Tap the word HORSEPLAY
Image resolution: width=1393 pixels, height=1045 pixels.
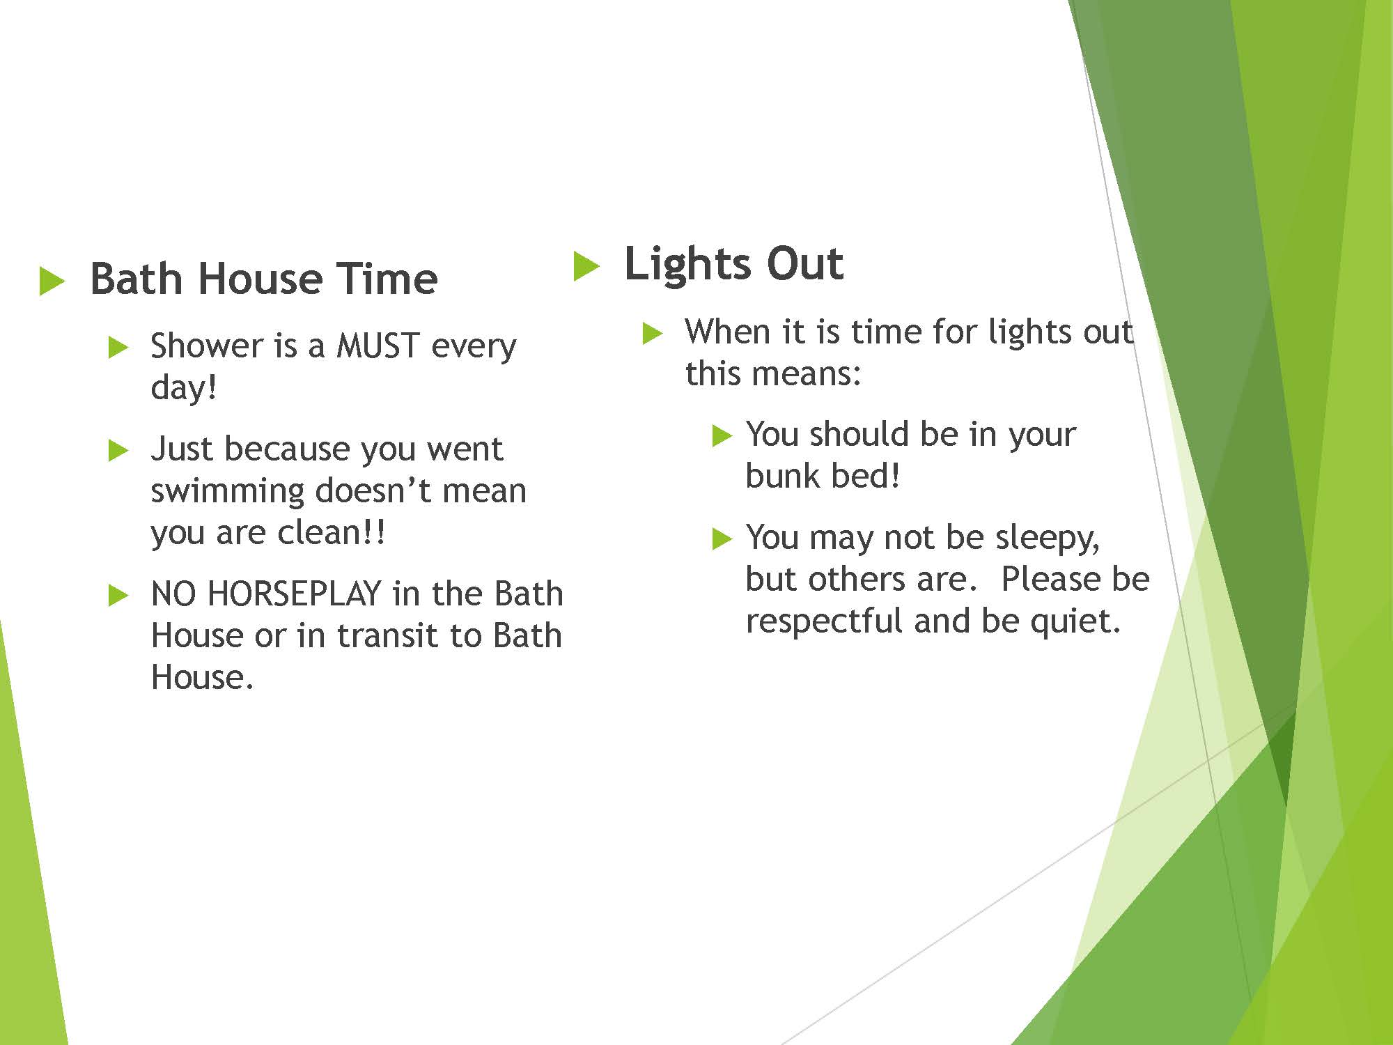coord(295,594)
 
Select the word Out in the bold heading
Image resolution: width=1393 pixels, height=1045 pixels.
coord(804,264)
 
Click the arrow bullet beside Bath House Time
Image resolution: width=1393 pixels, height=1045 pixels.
coord(52,281)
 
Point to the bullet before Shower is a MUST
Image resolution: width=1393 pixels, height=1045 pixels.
coord(119,347)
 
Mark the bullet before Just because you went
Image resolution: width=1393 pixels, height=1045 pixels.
coord(119,451)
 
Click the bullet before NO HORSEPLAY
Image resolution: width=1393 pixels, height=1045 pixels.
coord(119,596)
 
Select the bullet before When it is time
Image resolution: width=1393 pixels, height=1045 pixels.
coord(653,333)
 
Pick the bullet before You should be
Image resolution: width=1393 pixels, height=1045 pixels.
coord(723,436)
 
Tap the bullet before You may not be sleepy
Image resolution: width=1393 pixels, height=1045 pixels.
coord(723,539)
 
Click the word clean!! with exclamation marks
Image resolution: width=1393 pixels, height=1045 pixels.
coord(331,533)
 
